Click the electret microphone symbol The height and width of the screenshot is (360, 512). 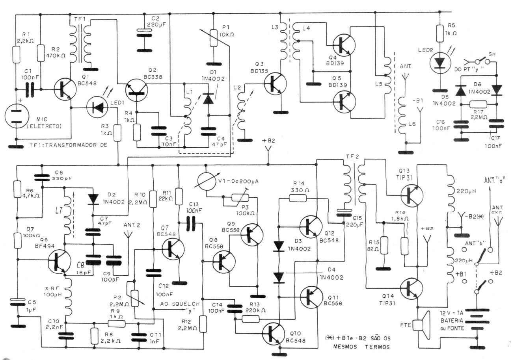click(16, 117)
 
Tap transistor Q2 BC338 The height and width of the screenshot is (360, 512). click(135, 90)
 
